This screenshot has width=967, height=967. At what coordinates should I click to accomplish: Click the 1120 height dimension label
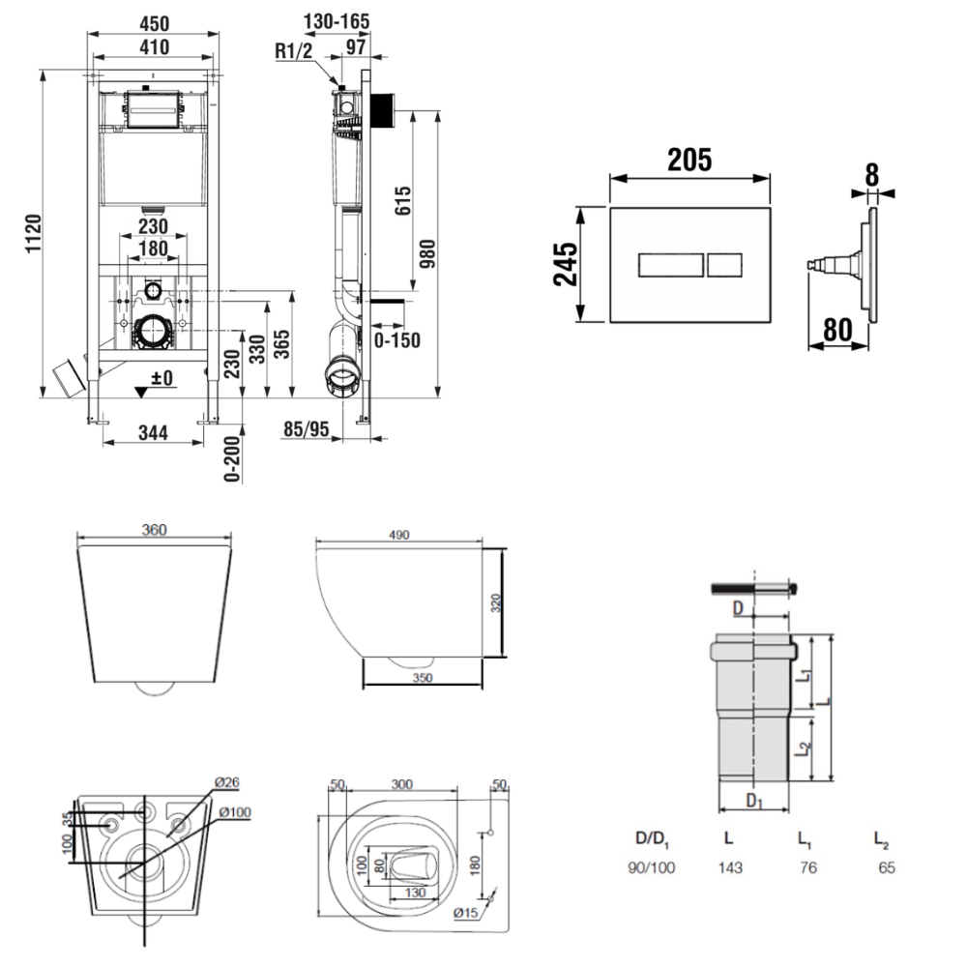32,234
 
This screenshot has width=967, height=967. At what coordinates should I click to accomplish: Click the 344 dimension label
152,433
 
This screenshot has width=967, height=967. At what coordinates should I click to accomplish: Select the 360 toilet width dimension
155,529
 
